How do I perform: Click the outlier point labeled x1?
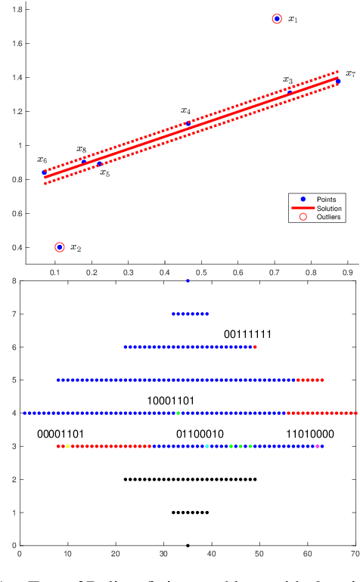pyautogui.click(x=277, y=18)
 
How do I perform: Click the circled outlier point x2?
pyautogui.click(x=60, y=247)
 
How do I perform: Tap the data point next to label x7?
pyautogui.click(x=338, y=81)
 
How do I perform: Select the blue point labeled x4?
pyautogui.click(x=188, y=123)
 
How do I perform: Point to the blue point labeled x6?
pyautogui.click(x=44, y=172)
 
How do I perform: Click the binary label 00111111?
pyautogui.click(x=247, y=334)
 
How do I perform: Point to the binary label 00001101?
pyautogui.click(x=60, y=434)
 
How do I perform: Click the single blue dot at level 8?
pyautogui.click(x=188, y=281)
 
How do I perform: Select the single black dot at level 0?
pyautogui.click(x=188, y=545)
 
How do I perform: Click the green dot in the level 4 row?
pyautogui.click(x=178, y=413)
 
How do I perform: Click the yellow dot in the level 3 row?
pyautogui.click(x=68, y=446)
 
